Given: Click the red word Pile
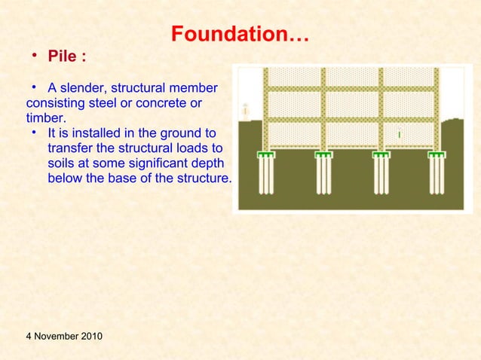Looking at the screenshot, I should tap(63, 56).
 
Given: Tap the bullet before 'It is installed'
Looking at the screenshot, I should tap(35, 133).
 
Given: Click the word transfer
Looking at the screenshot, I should tap(70, 148).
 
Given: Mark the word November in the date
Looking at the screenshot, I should tap(60, 335).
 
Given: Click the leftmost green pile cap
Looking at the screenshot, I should tap(266, 155).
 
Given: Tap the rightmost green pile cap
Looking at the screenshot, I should tap(437, 155).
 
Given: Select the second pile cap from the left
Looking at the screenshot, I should tap(323, 155).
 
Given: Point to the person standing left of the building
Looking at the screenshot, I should tap(246, 110).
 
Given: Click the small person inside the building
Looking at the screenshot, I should tap(398, 134).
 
